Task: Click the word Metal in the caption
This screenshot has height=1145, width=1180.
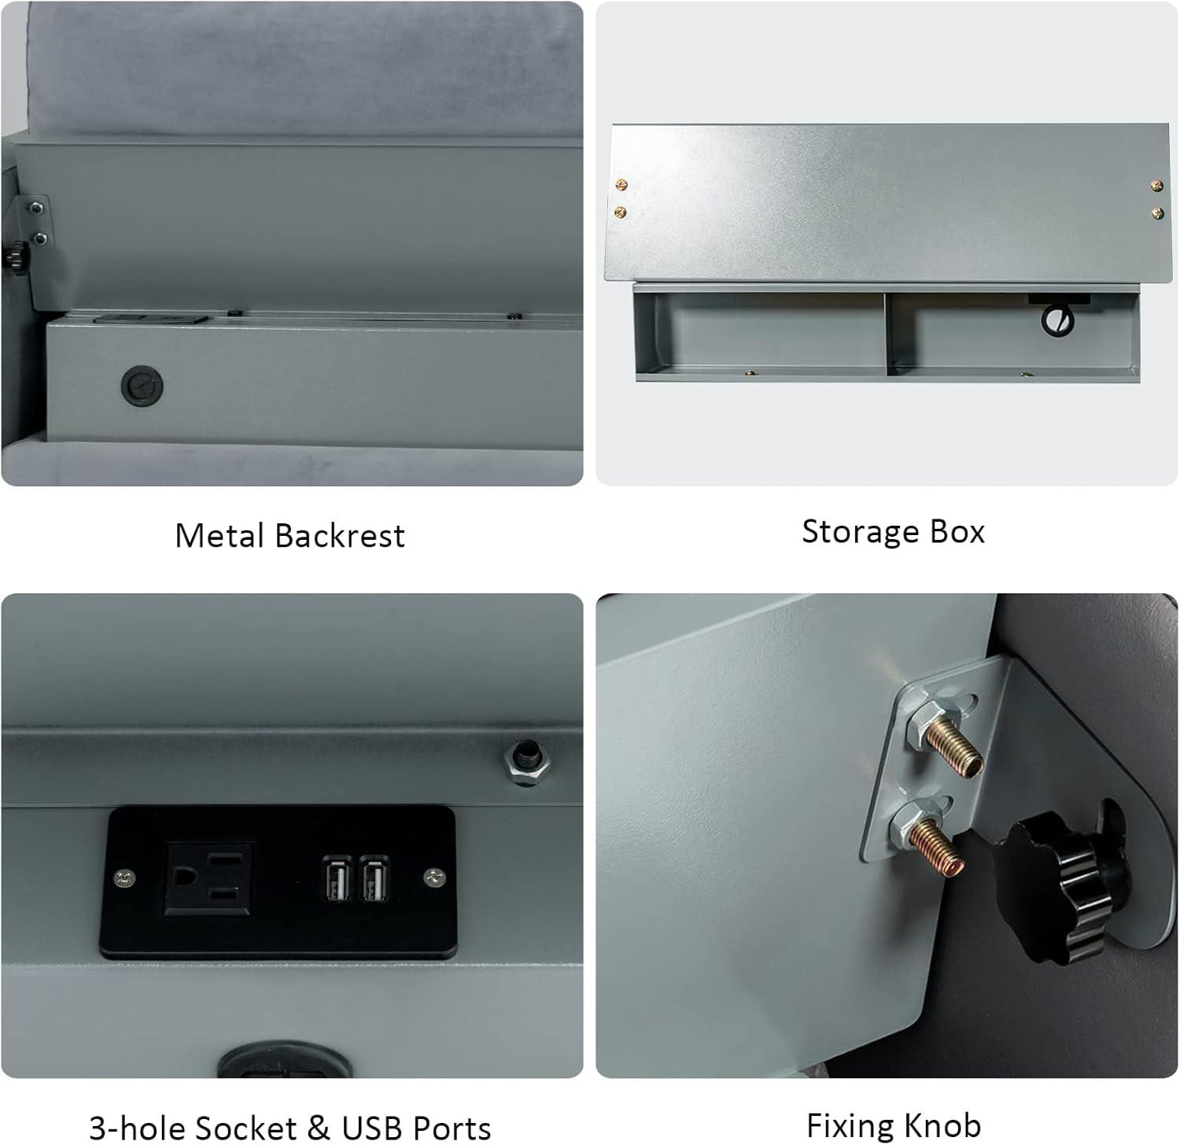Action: pyautogui.click(x=220, y=536)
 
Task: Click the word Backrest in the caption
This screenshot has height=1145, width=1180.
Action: pyautogui.click(x=340, y=536)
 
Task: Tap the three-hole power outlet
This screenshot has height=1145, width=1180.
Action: pyautogui.click(x=209, y=879)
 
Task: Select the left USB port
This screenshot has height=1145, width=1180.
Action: pyautogui.click(x=336, y=877)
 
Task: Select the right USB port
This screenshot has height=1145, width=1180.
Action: pyautogui.click(x=375, y=877)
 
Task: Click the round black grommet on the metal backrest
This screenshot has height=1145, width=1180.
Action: pyautogui.click(x=142, y=386)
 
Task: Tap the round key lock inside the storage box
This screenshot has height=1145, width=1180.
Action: pyautogui.click(x=1056, y=320)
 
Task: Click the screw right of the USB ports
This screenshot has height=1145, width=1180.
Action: pyautogui.click(x=433, y=875)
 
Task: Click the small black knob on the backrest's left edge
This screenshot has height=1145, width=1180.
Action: pyautogui.click(x=14, y=256)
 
